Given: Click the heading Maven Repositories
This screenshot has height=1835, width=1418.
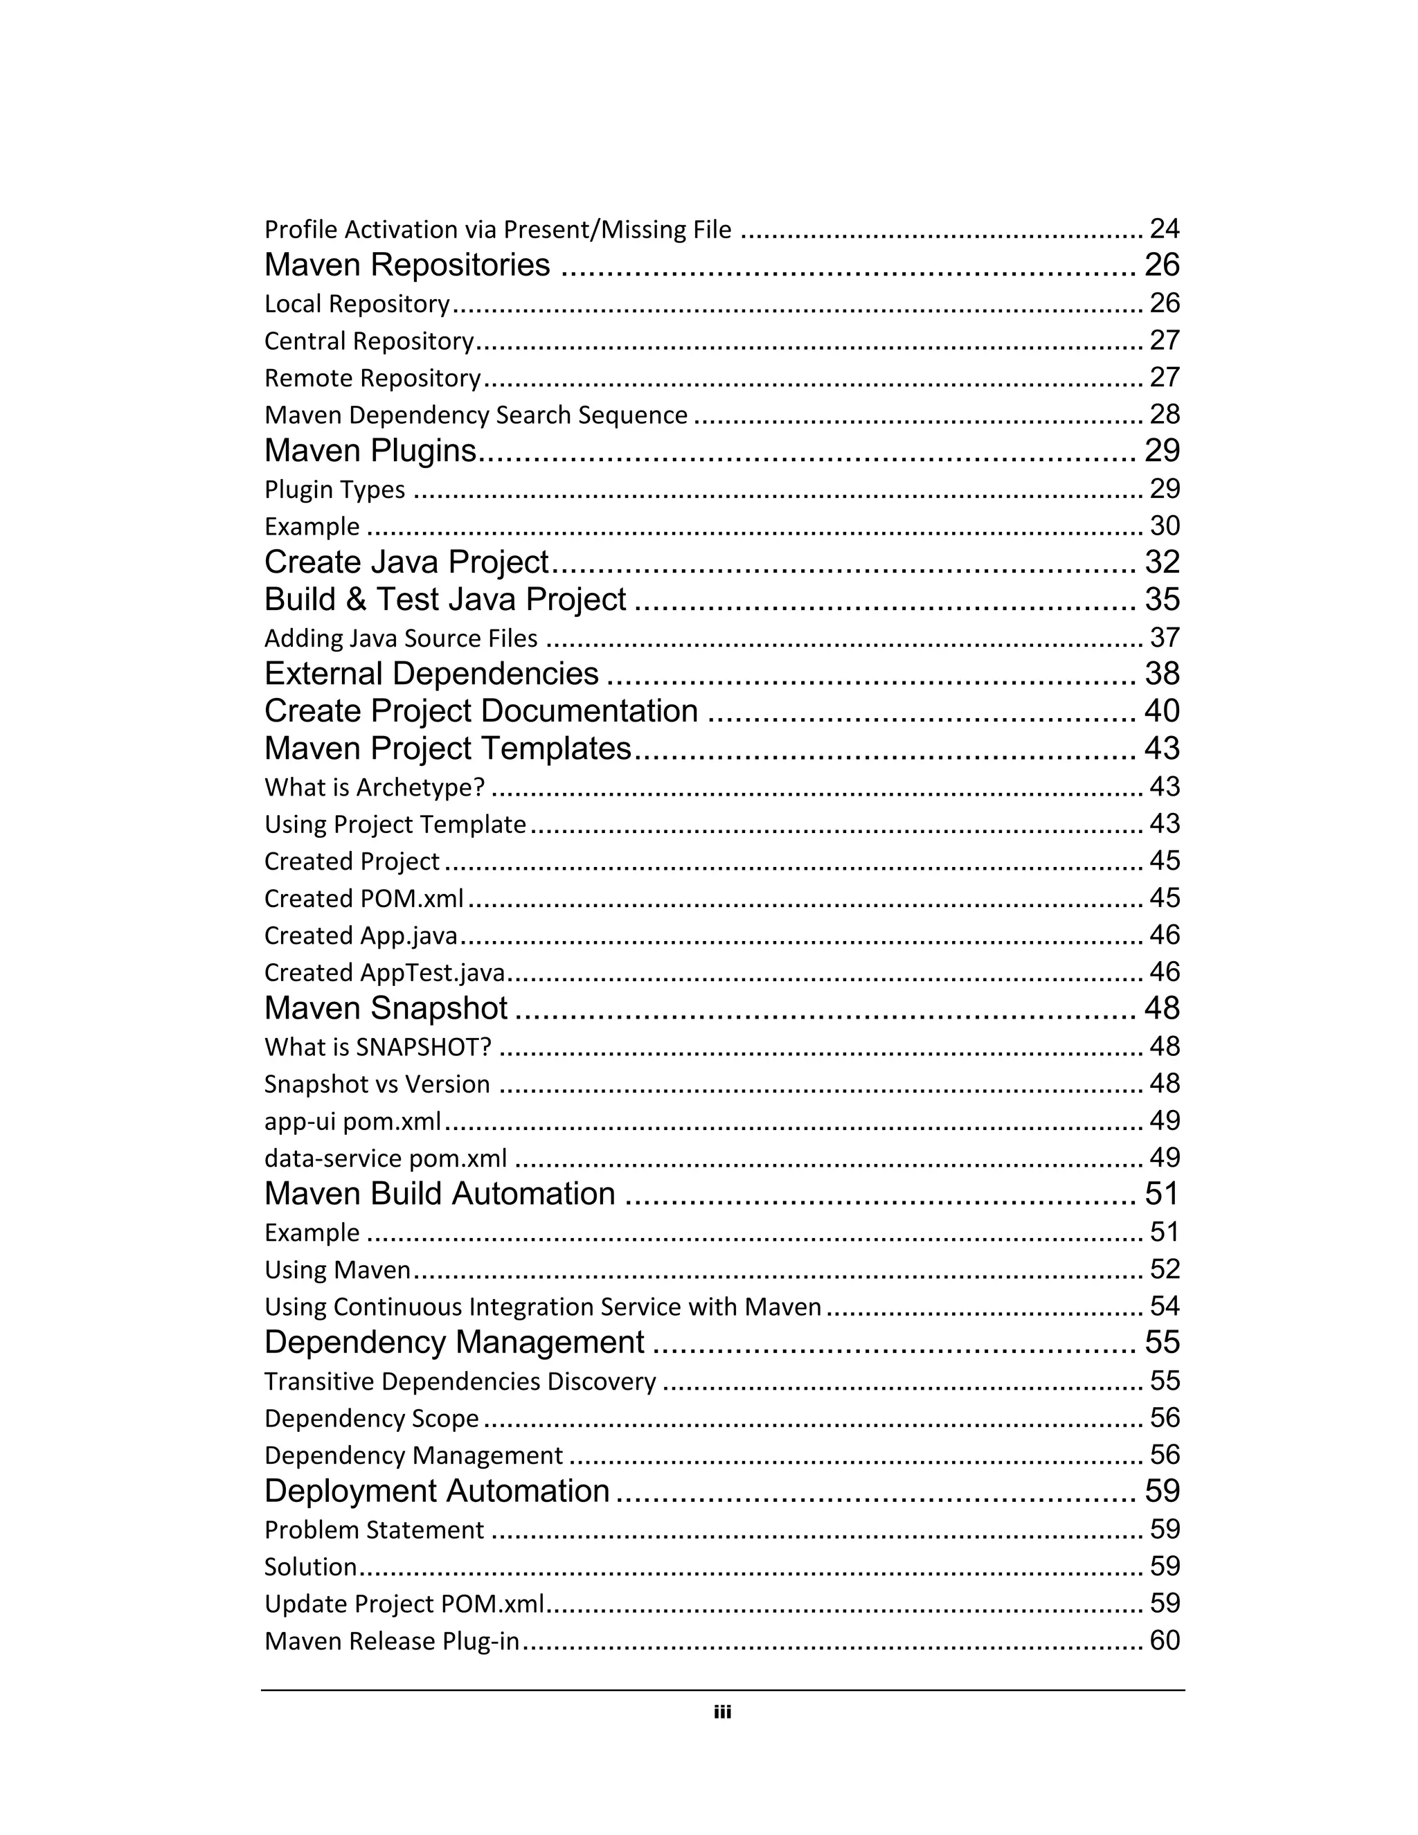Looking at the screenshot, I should click(406, 265).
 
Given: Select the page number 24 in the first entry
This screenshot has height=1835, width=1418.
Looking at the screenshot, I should click(1165, 229).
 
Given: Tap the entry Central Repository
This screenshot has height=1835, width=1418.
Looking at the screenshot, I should click(369, 341).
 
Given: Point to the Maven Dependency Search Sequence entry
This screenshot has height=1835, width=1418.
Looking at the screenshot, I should click(476, 415).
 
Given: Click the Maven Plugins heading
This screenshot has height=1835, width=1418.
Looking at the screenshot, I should click(370, 451).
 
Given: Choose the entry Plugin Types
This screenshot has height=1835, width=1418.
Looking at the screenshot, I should click(334, 490).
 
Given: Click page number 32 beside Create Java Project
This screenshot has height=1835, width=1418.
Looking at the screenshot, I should click(1162, 562).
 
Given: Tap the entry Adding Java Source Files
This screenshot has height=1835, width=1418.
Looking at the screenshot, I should click(401, 638).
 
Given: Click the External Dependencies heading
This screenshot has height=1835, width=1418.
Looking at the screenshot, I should click(431, 674).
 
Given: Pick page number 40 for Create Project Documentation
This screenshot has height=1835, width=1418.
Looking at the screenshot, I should click(1162, 711).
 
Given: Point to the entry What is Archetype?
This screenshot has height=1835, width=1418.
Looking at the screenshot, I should click(375, 787).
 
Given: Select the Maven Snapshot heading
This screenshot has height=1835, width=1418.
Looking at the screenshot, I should click(386, 1008).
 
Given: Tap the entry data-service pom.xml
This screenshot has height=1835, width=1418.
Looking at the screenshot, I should click(386, 1158).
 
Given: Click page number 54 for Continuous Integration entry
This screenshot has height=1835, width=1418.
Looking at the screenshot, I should click(1165, 1307).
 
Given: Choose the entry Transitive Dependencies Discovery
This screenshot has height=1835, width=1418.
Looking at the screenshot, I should click(460, 1381).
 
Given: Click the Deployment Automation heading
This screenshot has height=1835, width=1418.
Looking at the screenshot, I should click(437, 1492).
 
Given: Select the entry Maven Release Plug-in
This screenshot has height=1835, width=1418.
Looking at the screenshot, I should click(391, 1641).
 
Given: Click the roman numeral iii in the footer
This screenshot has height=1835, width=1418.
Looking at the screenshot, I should click(722, 1712).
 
